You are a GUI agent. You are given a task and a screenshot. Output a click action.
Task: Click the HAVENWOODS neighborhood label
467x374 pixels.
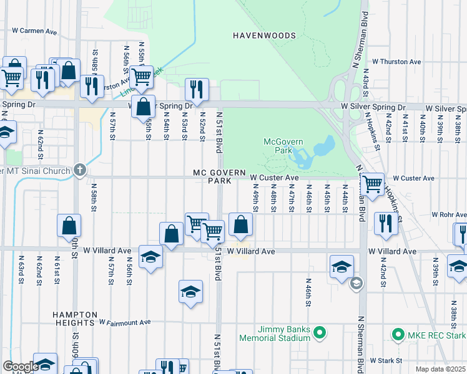[x=264, y=36]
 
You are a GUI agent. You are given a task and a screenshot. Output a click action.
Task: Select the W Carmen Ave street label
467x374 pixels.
[x=34, y=31]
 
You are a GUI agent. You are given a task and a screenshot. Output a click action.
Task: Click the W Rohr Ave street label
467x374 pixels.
[x=436, y=215]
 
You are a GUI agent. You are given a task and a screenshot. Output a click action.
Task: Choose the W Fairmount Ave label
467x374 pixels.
[x=125, y=322]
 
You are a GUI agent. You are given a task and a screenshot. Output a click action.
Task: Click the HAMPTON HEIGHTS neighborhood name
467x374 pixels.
[x=75, y=319]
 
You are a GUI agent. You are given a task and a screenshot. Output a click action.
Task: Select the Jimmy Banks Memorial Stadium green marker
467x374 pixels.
[x=319, y=333]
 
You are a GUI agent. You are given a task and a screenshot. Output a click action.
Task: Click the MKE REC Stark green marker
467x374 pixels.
[x=398, y=335]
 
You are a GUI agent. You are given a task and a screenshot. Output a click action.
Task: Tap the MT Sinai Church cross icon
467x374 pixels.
[x=79, y=170]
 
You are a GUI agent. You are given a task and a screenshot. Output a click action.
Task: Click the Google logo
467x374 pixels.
[x=21, y=367]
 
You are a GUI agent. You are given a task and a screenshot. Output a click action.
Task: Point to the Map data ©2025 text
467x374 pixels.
[x=440, y=369]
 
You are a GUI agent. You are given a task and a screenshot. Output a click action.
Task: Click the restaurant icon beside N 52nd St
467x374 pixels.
[x=197, y=90]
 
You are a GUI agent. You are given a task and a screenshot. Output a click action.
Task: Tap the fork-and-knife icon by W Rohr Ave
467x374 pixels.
[x=385, y=223]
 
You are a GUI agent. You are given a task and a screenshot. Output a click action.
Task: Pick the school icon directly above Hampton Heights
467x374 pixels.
[x=190, y=292]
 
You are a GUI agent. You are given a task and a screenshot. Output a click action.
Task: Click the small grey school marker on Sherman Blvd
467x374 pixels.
[x=356, y=284]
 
